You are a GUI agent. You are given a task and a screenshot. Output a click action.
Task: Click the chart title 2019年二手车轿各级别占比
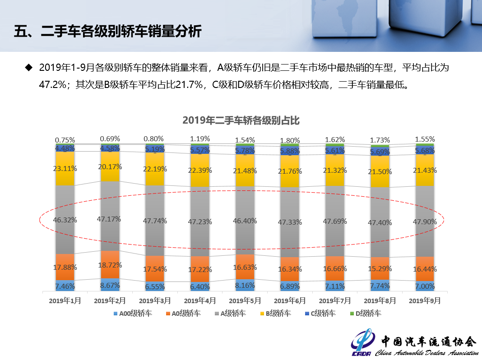[x=241, y=120]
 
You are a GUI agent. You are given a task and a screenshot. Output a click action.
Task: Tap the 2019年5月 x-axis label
[x=244, y=300]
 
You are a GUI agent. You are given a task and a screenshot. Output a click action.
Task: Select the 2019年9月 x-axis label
[x=424, y=300]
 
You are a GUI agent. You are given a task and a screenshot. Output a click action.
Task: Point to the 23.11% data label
[x=65, y=168]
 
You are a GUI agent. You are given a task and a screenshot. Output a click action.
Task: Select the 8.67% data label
[x=110, y=286]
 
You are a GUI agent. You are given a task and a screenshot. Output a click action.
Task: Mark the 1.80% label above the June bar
[x=290, y=140]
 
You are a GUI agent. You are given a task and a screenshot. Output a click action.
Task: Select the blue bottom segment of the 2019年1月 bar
[x=65, y=286]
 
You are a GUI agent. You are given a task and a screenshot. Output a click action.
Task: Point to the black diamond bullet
[x=29, y=68]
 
